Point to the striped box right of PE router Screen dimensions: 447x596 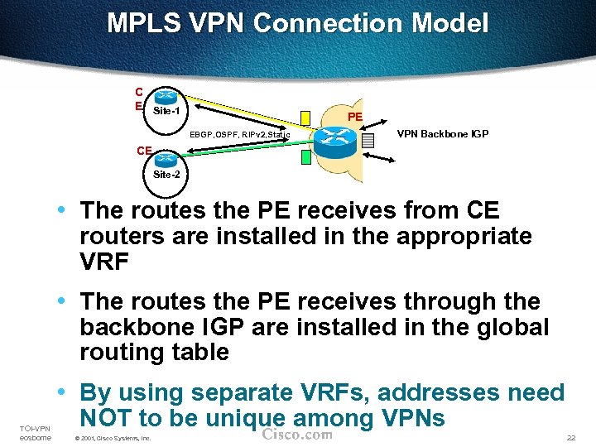369,141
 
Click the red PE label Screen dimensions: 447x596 354,117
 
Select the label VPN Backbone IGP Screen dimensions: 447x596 442,133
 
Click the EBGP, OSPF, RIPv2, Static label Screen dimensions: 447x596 239,134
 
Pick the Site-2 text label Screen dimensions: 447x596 166,175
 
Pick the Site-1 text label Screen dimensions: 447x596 166,110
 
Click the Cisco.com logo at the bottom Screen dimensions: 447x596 297,435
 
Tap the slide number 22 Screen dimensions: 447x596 570,437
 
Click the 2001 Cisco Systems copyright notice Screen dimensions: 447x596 113,438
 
